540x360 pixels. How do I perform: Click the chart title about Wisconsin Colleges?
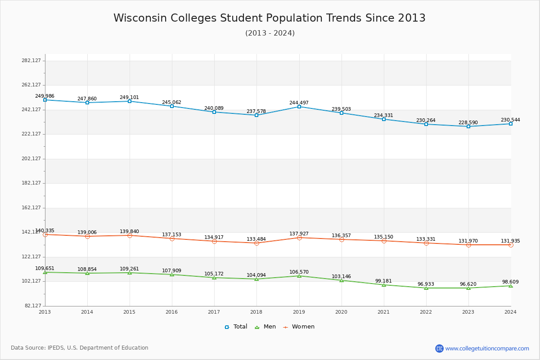[x=269, y=18]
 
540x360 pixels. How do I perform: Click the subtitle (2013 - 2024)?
[x=270, y=33]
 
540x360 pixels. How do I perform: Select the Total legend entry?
[x=236, y=327]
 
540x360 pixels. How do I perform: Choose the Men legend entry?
[x=265, y=327]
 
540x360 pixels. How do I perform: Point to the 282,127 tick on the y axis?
[x=31, y=61]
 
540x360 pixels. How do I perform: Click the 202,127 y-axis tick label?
[x=31, y=158]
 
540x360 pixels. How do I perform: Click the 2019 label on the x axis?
[x=299, y=312]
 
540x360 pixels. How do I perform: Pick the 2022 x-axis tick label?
[x=426, y=312]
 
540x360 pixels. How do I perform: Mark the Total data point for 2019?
[x=299, y=107]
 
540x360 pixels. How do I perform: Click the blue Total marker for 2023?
[x=468, y=126]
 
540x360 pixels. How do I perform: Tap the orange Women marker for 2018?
[x=256, y=243]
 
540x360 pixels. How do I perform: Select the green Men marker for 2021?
[x=384, y=285]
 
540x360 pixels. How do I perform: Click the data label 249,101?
[x=129, y=97]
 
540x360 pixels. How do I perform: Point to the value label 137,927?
[x=299, y=234]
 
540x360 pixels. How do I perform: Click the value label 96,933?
[x=426, y=284]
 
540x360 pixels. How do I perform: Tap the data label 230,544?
[x=510, y=120]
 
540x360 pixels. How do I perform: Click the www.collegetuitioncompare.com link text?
[x=487, y=348]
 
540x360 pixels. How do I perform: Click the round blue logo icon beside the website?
[x=439, y=348]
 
